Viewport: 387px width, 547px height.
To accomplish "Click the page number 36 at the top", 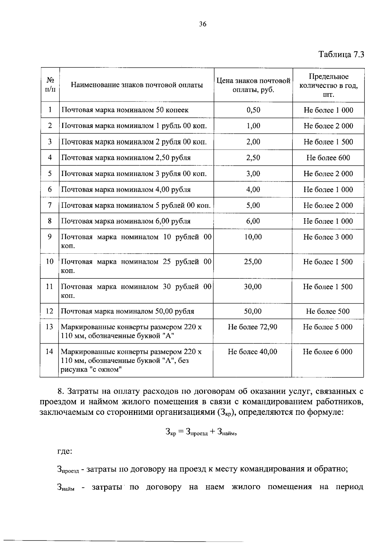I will click(x=203, y=24).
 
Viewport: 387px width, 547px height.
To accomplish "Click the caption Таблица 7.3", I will click(x=341, y=54).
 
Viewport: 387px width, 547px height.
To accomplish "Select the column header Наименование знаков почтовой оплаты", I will click(x=137, y=85).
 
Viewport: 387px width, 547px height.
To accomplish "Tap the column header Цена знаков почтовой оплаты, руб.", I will click(x=253, y=85).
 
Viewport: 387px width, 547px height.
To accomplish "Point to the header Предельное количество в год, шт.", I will click(x=328, y=85).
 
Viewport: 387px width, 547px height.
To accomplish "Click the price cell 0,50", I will click(x=253, y=110).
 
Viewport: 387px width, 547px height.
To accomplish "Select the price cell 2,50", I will click(x=253, y=158).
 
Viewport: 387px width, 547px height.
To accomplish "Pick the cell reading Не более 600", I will click(x=328, y=158).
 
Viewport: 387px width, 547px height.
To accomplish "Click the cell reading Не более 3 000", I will click(x=328, y=237).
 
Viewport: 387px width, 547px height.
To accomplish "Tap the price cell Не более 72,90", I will click(x=253, y=327).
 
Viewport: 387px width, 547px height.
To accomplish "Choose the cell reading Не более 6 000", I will click(x=328, y=352).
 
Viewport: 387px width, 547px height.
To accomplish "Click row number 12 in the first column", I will click(x=49, y=311).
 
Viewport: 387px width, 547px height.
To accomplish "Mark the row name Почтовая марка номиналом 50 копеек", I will click(x=125, y=110).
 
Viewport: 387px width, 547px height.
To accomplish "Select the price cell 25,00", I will click(x=253, y=262).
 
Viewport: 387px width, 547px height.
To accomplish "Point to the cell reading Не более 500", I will click(x=328, y=311).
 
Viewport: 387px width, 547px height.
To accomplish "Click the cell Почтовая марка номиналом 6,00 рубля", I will click(x=126, y=221).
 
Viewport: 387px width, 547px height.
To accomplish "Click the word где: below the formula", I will click(x=64, y=451).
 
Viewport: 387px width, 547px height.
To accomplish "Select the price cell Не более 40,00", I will click(x=253, y=352).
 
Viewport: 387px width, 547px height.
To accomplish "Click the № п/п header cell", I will click(x=50, y=84).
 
